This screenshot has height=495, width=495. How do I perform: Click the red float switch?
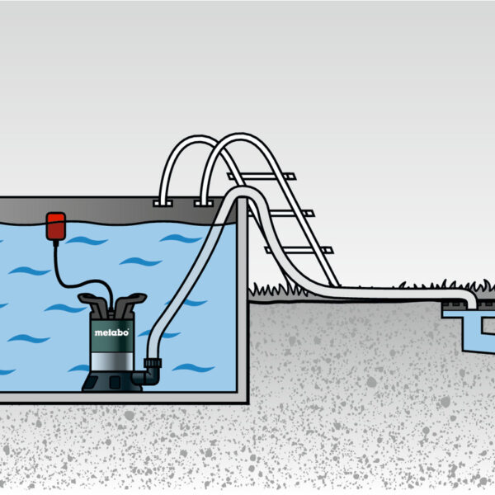tap(56, 225)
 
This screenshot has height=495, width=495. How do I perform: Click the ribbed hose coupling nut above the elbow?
tap(153, 362)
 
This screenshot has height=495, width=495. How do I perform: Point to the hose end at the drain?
tap(470, 299)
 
